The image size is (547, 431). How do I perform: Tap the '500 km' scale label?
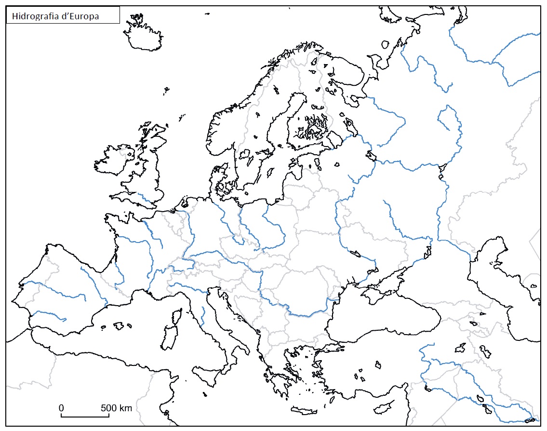[x=117, y=408]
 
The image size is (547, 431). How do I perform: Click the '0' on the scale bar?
[x=61, y=408]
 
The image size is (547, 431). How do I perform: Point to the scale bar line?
[x=85, y=415]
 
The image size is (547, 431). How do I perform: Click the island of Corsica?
[x=176, y=316]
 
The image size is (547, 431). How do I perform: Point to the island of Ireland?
[x=114, y=161]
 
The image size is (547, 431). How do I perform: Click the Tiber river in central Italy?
[x=203, y=314]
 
